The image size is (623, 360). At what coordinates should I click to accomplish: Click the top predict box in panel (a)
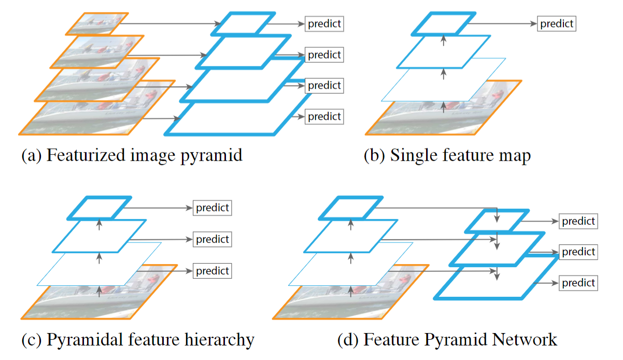click(324, 24)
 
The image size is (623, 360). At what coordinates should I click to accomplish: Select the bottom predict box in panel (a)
click(324, 117)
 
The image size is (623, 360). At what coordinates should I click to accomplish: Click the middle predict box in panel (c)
click(213, 240)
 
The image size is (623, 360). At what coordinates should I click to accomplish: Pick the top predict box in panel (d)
click(579, 222)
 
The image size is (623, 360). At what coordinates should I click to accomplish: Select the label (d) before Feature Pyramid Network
click(347, 340)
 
